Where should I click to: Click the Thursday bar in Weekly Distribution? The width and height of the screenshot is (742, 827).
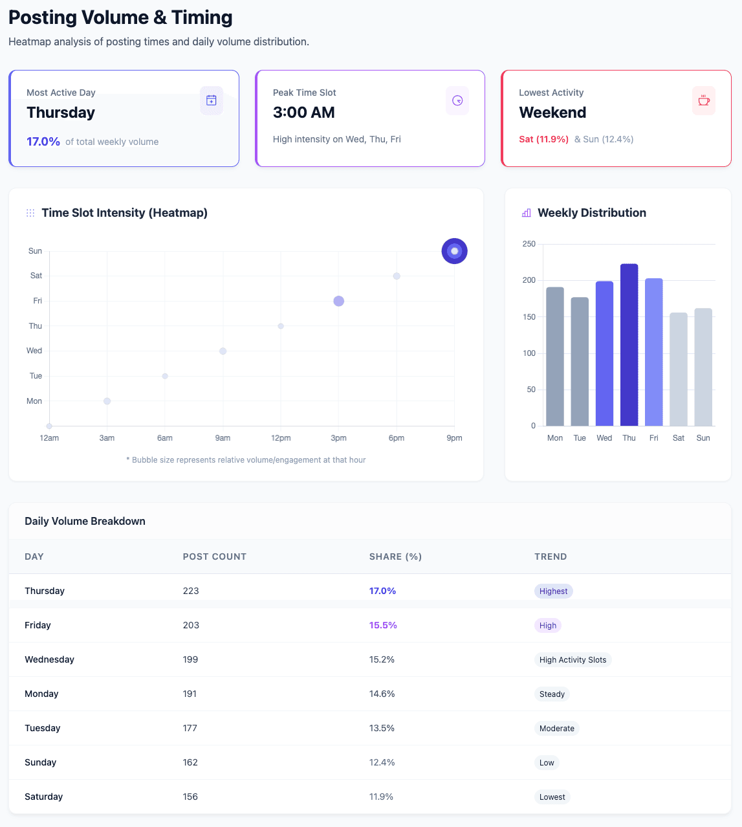click(x=629, y=345)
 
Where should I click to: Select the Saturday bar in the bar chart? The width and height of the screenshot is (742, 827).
click(x=679, y=369)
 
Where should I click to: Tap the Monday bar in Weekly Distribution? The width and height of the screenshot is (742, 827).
click(x=555, y=357)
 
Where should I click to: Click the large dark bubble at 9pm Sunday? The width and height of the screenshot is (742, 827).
click(x=454, y=251)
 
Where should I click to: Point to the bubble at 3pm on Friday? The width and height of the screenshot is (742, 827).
click(x=338, y=301)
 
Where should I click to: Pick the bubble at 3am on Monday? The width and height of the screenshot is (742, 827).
click(x=107, y=401)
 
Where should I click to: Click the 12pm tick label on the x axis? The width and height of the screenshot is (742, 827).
click(x=281, y=438)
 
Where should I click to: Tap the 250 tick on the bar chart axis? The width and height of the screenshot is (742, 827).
click(x=529, y=244)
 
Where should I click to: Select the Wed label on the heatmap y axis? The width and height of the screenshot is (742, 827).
click(x=34, y=351)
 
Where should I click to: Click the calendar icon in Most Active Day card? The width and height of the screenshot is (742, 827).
click(x=211, y=100)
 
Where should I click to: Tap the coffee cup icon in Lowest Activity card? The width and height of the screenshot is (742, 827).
click(x=704, y=100)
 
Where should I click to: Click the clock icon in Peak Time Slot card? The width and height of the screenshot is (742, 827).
click(x=457, y=100)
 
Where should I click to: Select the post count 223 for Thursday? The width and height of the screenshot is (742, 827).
click(x=191, y=591)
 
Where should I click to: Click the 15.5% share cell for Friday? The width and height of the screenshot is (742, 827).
click(x=383, y=625)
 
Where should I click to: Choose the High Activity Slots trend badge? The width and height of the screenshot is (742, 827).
click(x=573, y=660)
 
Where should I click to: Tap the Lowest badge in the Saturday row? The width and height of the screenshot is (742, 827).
click(x=552, y=797)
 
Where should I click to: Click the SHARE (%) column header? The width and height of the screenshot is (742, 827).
click(x=395, y=557)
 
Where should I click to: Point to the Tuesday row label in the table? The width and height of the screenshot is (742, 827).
click(x=43, y=728)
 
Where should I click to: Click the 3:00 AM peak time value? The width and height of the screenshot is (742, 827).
click(x=304, y=113)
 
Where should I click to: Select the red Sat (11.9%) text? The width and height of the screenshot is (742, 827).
click(x=543, y=139)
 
